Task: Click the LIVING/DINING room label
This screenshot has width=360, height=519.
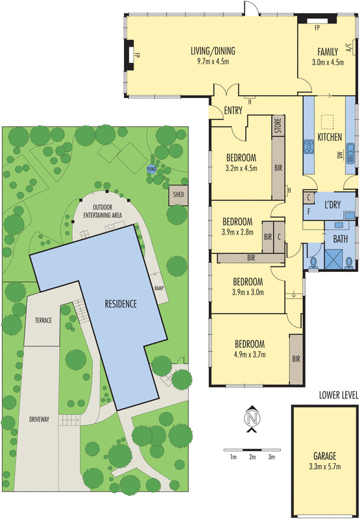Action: point(213,51)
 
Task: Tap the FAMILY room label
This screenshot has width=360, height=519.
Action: point(328,51)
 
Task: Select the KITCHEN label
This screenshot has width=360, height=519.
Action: point(330,138)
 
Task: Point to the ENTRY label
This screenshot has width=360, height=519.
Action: point(233,110)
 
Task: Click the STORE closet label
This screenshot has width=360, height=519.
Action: point(277,123)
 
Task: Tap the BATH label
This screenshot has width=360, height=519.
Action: point(341,239)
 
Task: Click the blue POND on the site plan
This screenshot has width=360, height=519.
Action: point(152,170)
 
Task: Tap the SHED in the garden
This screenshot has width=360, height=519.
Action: point(177,195)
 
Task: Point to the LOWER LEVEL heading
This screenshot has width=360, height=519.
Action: point(338,394)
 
